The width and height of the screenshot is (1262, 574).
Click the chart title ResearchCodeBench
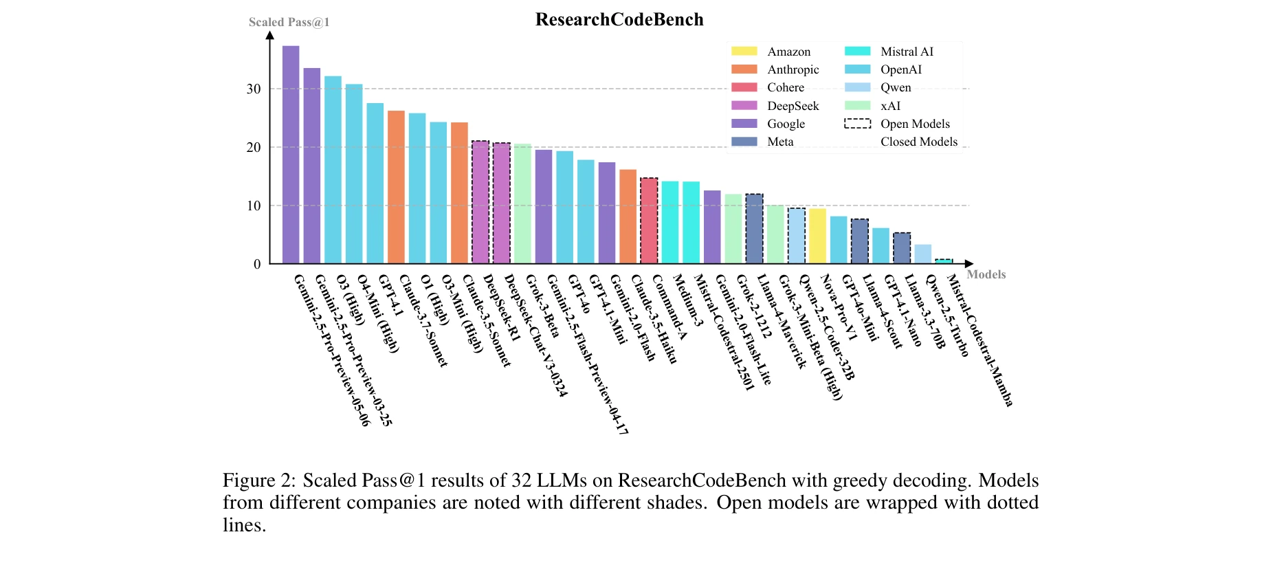click(619, 19)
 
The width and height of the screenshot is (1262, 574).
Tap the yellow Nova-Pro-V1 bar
click(817, 236)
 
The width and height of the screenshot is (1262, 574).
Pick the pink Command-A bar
click(649, 221)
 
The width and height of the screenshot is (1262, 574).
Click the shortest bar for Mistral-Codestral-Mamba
click(944, 261)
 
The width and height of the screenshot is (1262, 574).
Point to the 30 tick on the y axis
click(254, 89)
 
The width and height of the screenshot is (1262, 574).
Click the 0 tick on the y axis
click(257, 264)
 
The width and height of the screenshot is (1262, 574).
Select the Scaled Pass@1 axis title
click(289, 22)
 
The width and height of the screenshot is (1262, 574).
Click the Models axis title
click(986, 274)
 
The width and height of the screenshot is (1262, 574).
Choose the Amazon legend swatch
click(744, 52)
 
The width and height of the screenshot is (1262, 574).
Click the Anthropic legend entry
click(793, 69)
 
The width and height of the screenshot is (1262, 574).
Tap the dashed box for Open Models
click(857, 124)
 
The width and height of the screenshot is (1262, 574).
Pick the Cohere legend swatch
click(744, 87)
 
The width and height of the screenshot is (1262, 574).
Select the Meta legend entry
click(780, 142)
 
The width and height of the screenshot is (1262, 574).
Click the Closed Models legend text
click(918, 142)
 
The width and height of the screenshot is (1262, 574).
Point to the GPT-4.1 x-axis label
click(390, 296)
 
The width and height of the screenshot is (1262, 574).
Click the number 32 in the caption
click(521, 480)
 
